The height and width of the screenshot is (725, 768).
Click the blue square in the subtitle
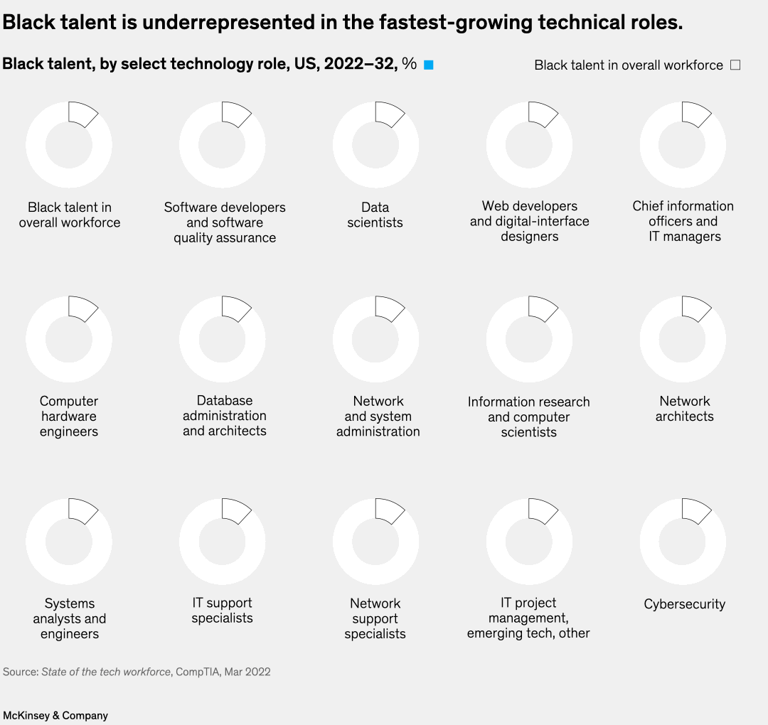[429, 65]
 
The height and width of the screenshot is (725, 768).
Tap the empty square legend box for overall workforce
[735, 65]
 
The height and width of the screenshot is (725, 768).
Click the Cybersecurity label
[684, 604]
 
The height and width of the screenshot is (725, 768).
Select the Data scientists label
[375, 215]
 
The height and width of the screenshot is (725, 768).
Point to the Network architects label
[684, 409]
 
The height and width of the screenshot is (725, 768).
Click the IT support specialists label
[222, 611]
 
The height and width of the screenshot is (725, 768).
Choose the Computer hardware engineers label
[69, 417]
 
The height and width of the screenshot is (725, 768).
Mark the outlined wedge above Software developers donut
[234, 114]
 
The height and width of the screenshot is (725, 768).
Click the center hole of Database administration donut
[222, 339]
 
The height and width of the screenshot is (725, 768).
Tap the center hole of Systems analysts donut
[69, 541]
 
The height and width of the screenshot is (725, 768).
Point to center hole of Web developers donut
[529, 144]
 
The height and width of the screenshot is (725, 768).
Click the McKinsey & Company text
[55, 715]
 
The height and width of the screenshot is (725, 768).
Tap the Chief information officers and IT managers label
[683, 221]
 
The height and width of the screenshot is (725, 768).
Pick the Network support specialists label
[375, 618]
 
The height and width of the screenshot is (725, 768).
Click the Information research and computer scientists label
[529, 417]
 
